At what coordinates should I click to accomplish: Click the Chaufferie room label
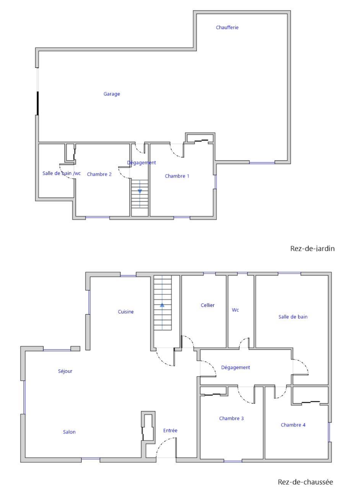[227, 27]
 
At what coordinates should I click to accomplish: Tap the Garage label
[112, 94]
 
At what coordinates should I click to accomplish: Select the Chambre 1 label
[177, 176]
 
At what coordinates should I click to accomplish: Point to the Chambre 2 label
[99, 174]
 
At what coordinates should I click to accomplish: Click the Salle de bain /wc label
[61, 173]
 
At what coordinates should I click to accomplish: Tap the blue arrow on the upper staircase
[140, 192]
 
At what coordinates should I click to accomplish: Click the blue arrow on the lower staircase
[162, 305]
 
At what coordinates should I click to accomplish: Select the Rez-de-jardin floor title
[312, 249]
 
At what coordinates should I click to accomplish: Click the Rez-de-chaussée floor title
[306, 482]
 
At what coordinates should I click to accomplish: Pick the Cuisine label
[126, 312]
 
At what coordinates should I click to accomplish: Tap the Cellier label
[207, 305]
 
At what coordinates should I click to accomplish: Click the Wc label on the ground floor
[235, 310]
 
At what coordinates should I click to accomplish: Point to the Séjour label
[65, 371]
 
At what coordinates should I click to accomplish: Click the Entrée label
[170, 431]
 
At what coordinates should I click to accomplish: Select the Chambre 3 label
[231, 419]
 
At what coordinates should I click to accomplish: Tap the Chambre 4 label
[293, 425]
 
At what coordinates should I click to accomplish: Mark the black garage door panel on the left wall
[38, 103]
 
